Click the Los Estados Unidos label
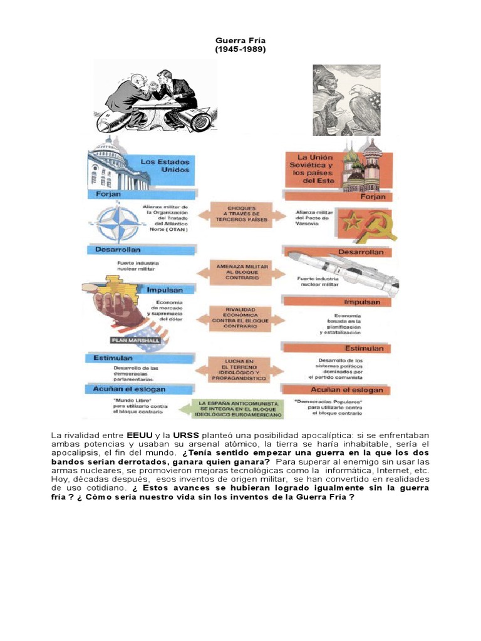pos(165,165)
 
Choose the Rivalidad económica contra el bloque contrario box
pos(240,317)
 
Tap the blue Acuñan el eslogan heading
pos(130,389)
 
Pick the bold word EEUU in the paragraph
pos(139,434)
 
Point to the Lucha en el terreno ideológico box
pos(240,370)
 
